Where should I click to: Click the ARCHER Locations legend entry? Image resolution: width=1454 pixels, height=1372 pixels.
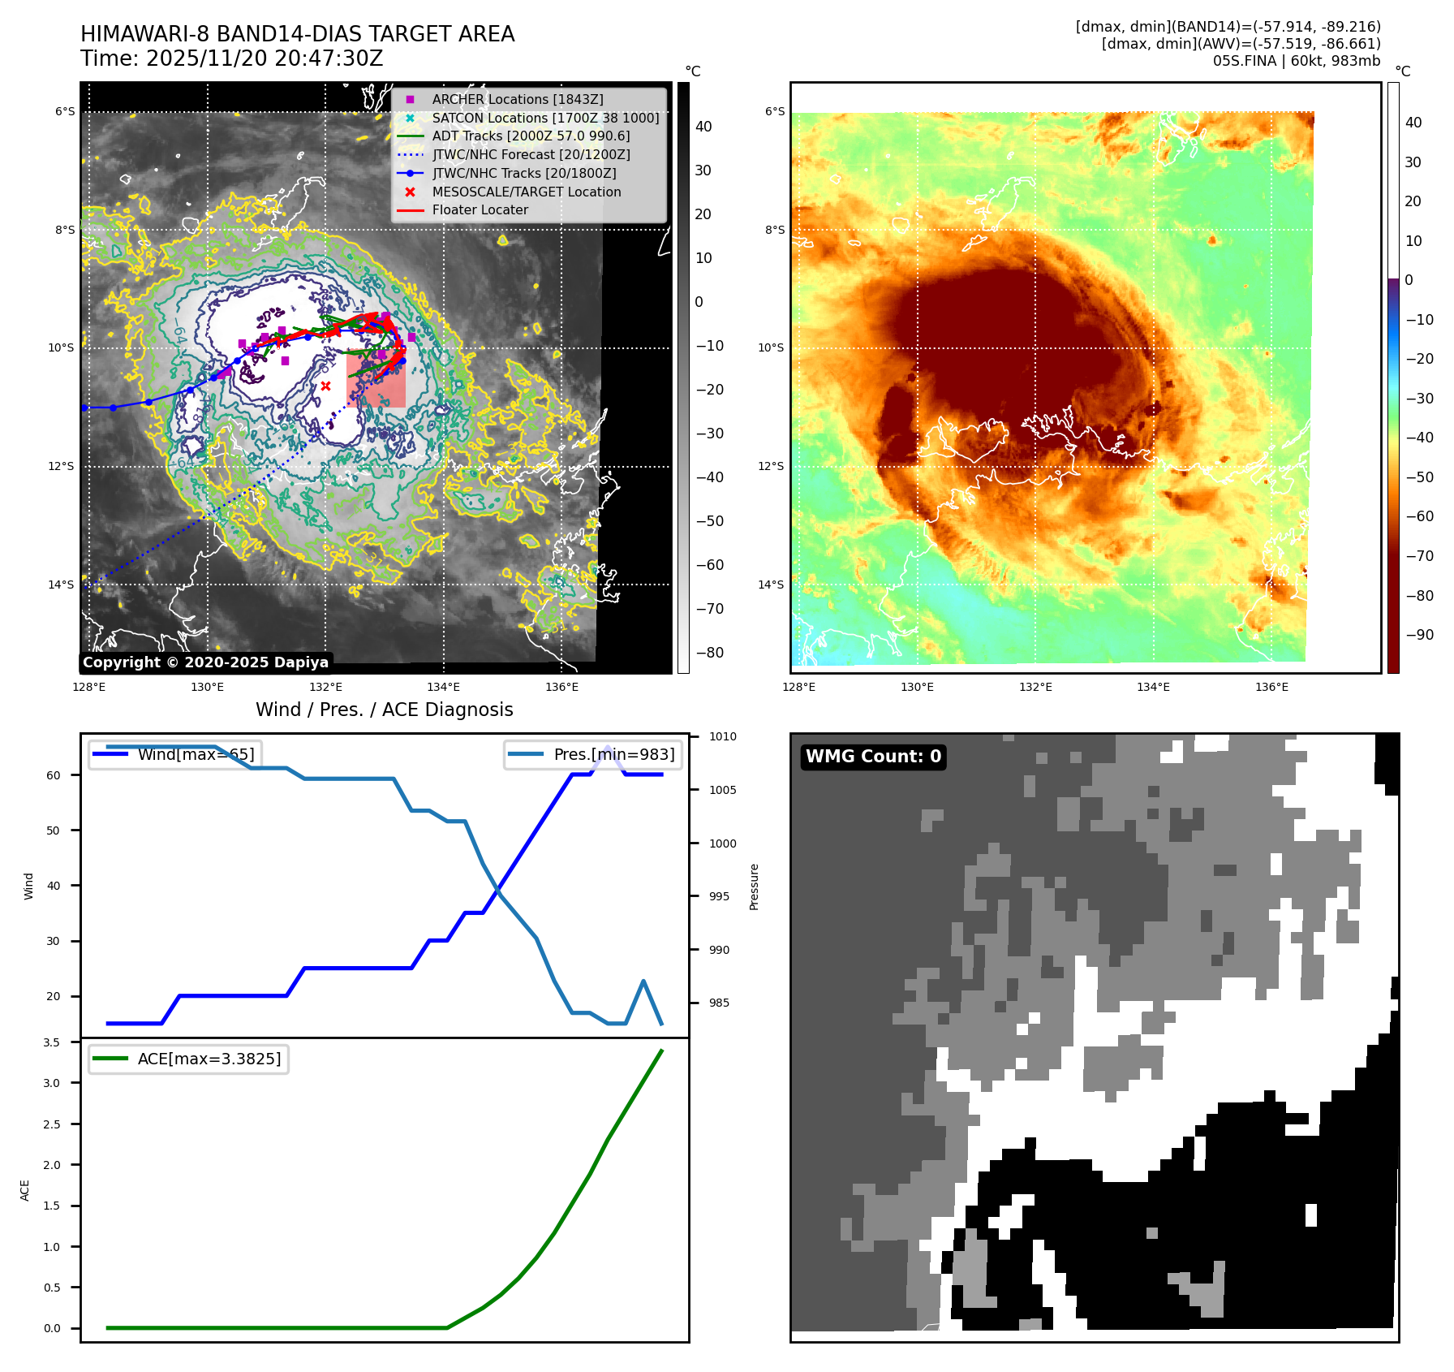[x=517, y=99]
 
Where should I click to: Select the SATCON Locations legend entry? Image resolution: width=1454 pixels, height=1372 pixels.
[x=544, y=118]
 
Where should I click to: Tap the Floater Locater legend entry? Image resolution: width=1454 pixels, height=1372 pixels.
[x=480, y=209]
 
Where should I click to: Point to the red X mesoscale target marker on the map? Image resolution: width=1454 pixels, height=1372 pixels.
[x=325, y=386]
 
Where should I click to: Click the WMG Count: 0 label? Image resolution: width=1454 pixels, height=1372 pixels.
[x=873, y=757]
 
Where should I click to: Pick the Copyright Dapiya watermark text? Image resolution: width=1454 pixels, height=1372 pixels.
[x=205, y=662]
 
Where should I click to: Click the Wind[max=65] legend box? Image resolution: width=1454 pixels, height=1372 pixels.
[x=175, y=754]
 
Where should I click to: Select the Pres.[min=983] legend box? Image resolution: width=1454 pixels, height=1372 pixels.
[x=593, y=754]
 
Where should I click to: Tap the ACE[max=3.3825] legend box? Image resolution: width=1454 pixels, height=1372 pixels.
[x=188, y=1059]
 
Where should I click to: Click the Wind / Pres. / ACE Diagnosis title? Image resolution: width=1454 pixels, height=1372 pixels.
[x=384, y=710]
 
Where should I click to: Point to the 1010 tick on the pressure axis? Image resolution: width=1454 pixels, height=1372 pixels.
[x=722, y=737]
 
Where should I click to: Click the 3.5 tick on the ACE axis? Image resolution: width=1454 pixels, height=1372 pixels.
[x=52, y=1042]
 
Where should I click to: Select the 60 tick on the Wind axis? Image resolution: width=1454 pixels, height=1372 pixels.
[x=54, y=775]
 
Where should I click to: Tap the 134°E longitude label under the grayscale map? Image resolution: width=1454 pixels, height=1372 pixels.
[x=443, y=687]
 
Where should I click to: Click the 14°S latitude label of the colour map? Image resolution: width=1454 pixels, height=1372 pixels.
[x=771, y=585]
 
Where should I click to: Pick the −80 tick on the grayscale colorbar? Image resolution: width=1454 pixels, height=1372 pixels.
[x=709, y=653]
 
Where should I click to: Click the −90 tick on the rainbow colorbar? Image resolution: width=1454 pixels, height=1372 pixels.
[x=1419, y=635]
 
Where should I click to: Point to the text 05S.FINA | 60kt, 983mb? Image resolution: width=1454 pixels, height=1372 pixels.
[x=1296, y=61]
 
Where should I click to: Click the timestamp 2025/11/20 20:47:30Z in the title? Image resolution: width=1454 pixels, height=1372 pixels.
[x=265, y=58]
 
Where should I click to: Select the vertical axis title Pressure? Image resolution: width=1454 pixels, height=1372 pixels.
[x=755, y=887]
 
